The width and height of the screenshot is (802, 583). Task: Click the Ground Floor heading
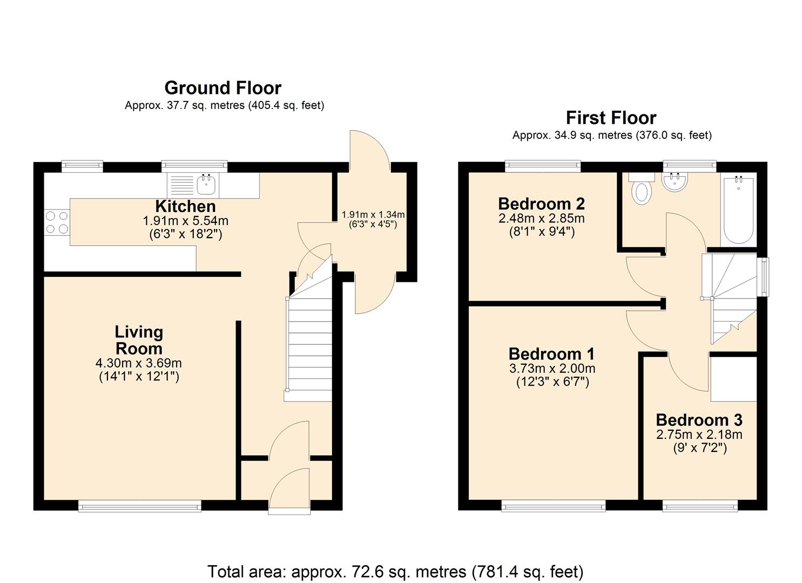pos(223,88)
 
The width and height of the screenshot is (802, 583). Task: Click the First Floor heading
pos(611,118)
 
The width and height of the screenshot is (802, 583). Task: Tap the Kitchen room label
pos(185,206)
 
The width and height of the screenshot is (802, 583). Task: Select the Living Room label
pos(139,340)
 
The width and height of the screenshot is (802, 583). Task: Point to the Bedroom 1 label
pos(551,354)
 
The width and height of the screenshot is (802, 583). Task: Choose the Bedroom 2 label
pos(541,204)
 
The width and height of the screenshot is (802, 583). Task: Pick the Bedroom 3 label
pos(699,420)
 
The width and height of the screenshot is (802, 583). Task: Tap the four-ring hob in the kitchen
pos(57,222)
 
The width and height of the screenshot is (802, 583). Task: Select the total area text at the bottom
pos(395,571)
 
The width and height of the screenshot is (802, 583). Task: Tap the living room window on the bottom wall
pos(139,505)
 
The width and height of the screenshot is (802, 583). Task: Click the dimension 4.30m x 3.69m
pos(139,363)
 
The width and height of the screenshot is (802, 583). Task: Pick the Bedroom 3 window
pos(699,505)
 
